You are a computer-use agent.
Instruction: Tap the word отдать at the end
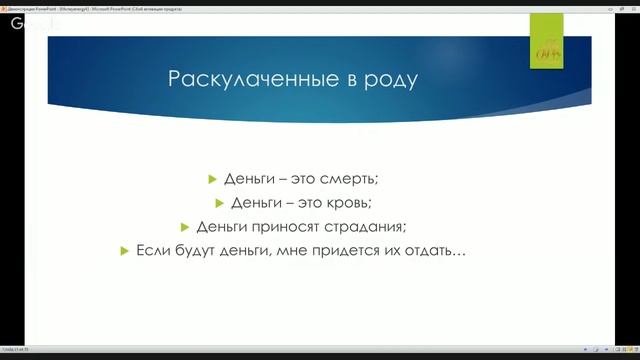[437, 251]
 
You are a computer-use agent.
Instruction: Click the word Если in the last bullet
[152, 251]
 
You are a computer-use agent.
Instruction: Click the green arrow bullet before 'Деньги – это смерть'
[212, 179]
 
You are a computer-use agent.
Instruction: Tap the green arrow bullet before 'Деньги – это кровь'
[221, 203]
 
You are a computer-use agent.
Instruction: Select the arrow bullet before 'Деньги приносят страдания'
[185, 227]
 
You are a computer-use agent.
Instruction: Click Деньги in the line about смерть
[248, 179]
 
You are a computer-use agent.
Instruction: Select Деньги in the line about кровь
[257, 203]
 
